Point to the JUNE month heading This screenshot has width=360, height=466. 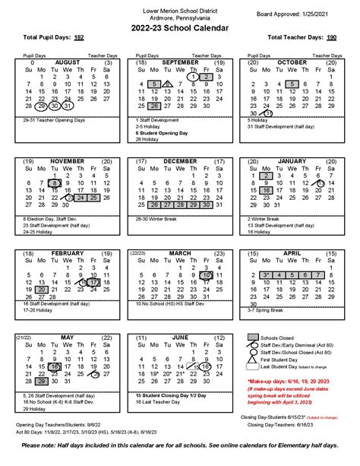[180, 337]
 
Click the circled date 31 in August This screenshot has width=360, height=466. [68, 106]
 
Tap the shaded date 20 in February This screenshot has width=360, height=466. [42, 290]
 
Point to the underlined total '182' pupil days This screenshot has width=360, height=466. [79, 36]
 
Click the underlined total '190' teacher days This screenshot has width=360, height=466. [331, 36]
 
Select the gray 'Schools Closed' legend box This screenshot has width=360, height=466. [254, 337]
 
